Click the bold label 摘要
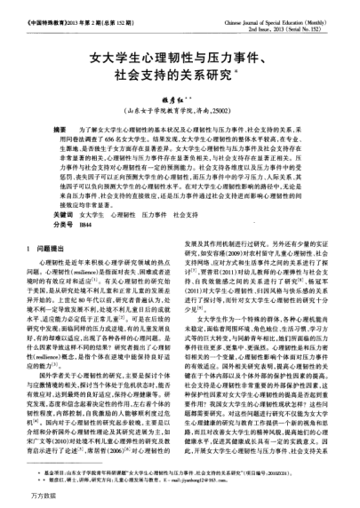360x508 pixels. pos(61,130)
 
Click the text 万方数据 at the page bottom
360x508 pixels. pos(33,499)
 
